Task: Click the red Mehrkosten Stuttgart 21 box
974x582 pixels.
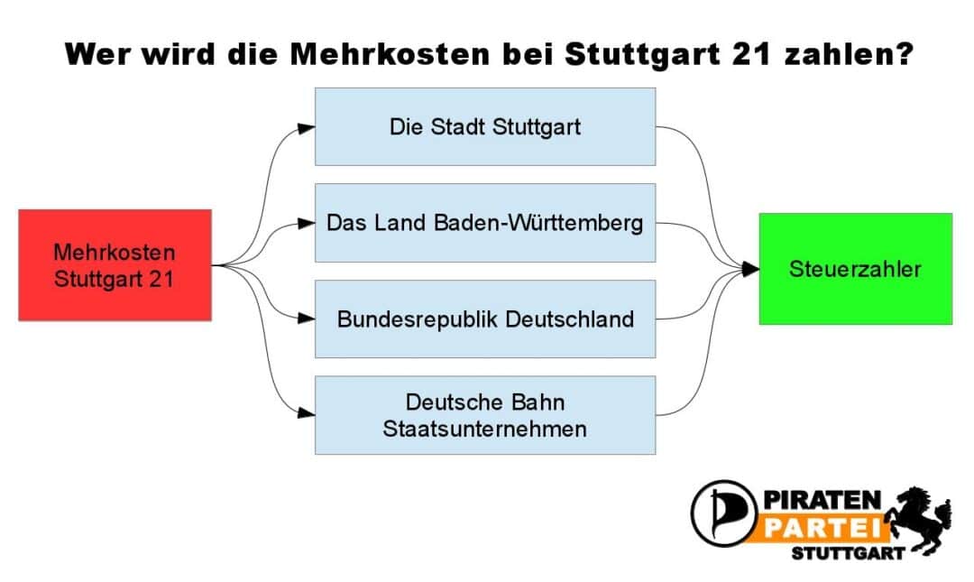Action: coord(115,265)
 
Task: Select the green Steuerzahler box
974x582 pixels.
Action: coord(855,269)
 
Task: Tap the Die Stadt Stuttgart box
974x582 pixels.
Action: coord(485,127)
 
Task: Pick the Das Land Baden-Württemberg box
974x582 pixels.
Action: coord(485,223)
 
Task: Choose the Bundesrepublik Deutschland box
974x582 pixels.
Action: coord(485,319)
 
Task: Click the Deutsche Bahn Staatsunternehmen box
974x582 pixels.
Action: coord(485,415)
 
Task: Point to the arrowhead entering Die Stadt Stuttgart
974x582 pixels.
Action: coord(307,129)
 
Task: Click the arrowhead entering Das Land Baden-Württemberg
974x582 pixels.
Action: coord(307,223)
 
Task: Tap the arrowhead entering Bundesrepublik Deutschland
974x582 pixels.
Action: coord(307,319)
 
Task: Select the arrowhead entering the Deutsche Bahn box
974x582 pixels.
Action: coord(307,412)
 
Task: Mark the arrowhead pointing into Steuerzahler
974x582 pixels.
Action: coord(750,269)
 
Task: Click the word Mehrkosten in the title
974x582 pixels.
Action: coord(390,54)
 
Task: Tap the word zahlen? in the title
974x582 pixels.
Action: coord(849,54)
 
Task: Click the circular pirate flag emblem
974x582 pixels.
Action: coord(723,513)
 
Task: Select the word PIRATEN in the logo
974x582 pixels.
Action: coord(822,500)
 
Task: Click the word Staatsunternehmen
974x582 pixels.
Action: coord(484,429)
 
